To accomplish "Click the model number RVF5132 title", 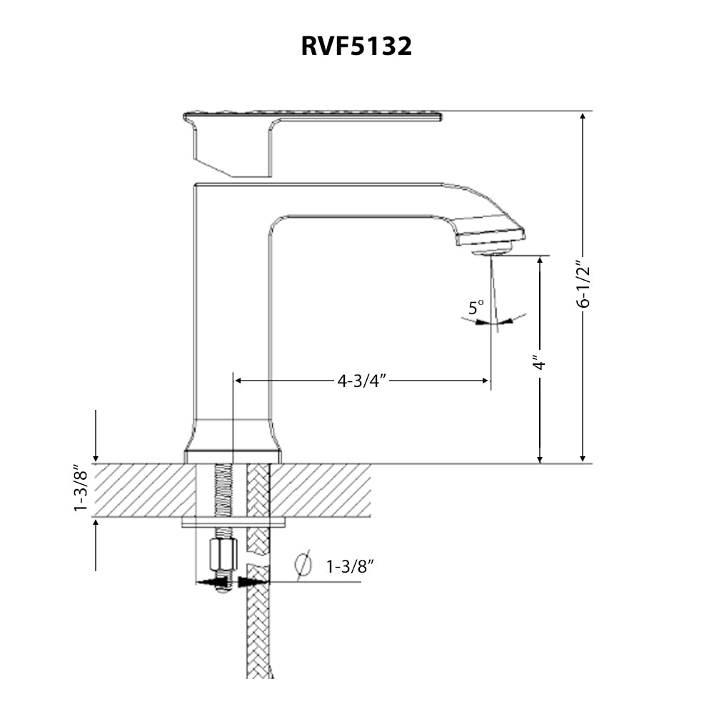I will pos(356,46).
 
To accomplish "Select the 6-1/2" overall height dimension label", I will pos(584,283).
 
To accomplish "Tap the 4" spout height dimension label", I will pos(540,363).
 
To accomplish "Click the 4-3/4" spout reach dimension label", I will pos(361,381).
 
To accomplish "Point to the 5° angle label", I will pos(476,308).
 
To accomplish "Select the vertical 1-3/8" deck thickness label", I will pos(81,490).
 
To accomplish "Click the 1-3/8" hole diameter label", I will pos(351,567).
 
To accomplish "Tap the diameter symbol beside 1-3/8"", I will pos(303,565).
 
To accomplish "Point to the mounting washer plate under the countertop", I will pos(233,523).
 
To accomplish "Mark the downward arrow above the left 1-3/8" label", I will pos(96,454).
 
